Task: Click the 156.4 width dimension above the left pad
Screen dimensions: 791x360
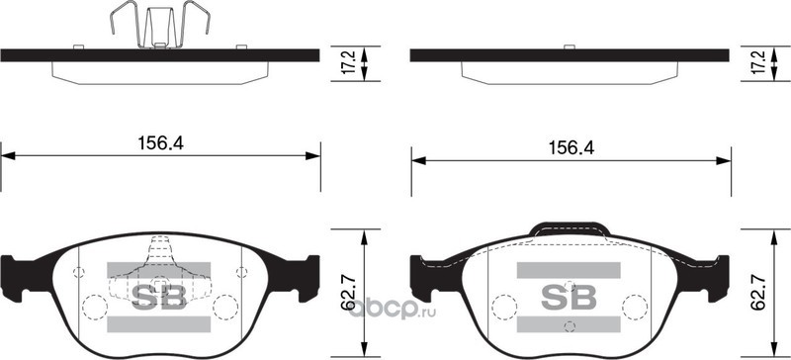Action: (x=160, y=143)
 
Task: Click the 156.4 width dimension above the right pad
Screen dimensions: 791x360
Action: (x=571, y=148)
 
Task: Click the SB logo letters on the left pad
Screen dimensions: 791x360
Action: (x=159, y=297)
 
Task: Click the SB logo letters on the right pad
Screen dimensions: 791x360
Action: (x=569, y=298)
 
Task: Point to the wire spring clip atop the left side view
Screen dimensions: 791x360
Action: (x=159, y=25)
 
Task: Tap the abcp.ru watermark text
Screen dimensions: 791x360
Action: (x=393, y=308)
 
